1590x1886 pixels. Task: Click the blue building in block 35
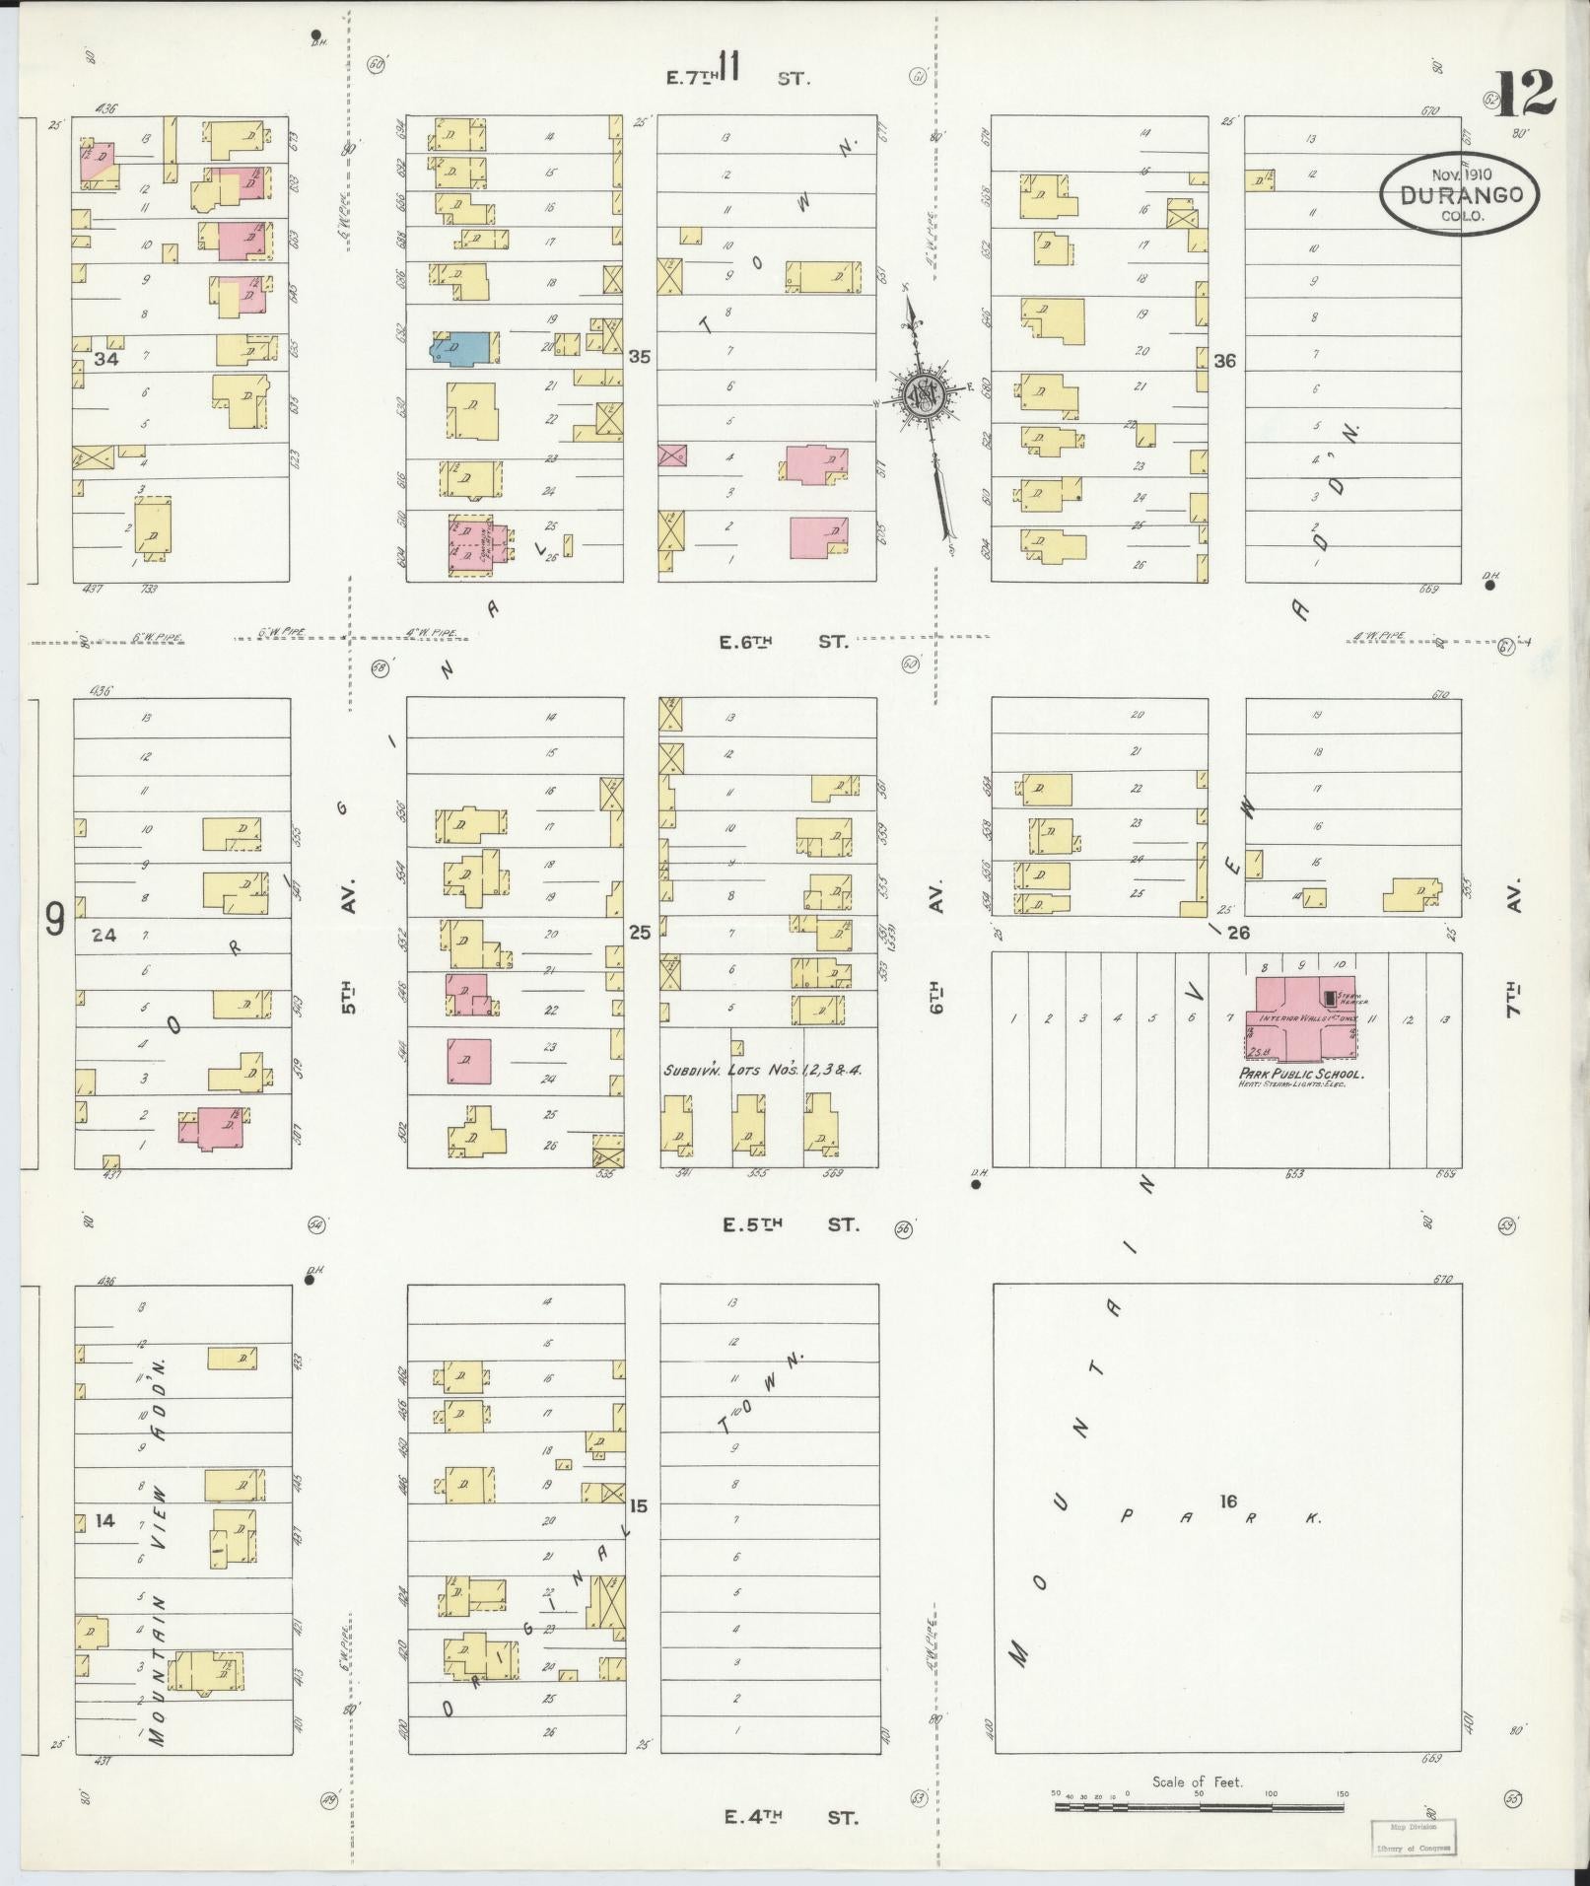point(462,347)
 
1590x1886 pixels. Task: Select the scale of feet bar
point(1198,1807)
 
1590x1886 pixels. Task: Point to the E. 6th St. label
point(783,642)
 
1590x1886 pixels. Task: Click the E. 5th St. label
point(791,1225)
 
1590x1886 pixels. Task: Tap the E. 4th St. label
point(791,1816)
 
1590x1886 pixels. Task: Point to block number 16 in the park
point(1227,1529)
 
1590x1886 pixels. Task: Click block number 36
point(1225,361)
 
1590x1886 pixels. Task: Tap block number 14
point(104,1521)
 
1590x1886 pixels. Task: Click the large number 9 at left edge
point(55,920)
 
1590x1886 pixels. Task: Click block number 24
point(104,935)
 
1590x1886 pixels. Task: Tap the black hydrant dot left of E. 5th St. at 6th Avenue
point(976,1185)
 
